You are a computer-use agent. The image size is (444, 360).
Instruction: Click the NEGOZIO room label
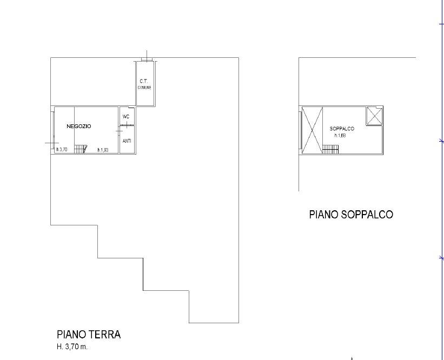79,126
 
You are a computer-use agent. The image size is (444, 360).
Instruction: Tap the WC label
126,116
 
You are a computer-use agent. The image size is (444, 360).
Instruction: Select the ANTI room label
127,141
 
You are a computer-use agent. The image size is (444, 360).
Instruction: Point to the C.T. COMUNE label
144,84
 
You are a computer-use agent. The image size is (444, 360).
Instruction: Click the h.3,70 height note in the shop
62,150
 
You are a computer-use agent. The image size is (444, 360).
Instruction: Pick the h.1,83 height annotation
103,150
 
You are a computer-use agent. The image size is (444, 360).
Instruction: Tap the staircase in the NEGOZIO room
81,148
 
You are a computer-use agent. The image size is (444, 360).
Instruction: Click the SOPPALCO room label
342,129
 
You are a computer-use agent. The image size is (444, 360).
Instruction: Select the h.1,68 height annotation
340,136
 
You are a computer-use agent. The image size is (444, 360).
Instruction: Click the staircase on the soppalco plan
330,149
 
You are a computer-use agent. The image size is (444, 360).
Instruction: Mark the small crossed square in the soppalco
374,116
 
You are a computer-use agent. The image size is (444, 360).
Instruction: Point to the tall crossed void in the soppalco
312,130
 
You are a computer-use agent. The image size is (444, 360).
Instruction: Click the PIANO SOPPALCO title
351,215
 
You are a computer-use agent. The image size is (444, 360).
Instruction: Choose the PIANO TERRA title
89,335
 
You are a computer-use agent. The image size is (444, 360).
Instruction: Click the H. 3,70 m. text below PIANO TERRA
72,346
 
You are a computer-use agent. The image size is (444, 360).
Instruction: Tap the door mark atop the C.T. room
145,56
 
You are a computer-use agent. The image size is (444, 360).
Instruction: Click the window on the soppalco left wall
300,130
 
